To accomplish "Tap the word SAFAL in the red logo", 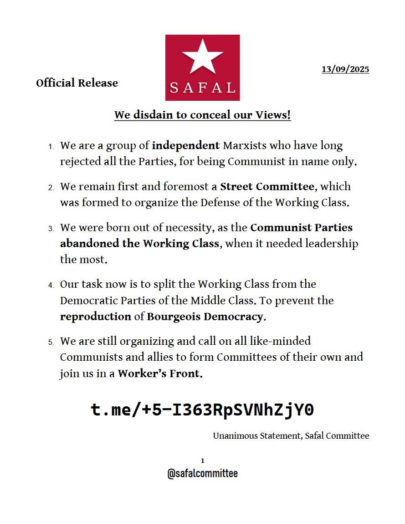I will click(x=202, y=87).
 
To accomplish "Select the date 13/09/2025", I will click(x=345, y=69).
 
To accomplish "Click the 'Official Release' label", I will click(x=77, y=83).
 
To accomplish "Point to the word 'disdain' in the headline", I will click(x=154, y=115).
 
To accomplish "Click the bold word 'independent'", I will click(x=185, y=146).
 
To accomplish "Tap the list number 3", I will click(x=51, y=228).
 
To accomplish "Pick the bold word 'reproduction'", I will click(x=95, y=317).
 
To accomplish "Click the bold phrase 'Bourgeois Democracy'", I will click(x=205, y=317).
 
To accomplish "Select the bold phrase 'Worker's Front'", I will click(x=159, y=374).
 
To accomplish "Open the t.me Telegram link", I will click(x=202, y=410).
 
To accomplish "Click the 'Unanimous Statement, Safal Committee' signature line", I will click(x=291, y=436).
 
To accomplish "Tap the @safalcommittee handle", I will click(x=202, y=473).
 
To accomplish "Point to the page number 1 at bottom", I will click(x=202, y=461).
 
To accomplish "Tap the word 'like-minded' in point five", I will click(x=283, y=341).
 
